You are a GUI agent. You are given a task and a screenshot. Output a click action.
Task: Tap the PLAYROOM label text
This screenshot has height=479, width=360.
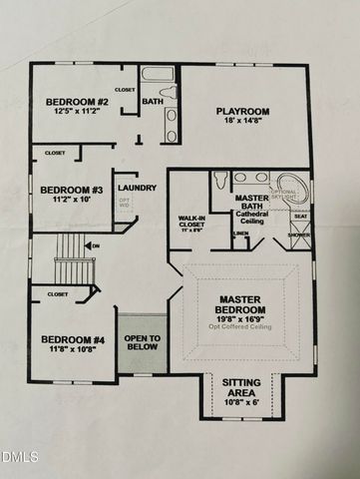click(243, 111)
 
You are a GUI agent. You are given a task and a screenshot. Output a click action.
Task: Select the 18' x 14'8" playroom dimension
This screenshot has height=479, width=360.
click(243, 122)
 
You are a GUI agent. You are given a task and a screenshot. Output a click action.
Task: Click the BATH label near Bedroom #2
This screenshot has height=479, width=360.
click(152, 101)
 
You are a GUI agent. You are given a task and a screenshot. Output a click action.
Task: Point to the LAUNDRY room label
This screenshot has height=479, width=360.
click(137, 188)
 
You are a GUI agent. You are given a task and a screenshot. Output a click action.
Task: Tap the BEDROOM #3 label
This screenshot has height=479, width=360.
click(71, 190)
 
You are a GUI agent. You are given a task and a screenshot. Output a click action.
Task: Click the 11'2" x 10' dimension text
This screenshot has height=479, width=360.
click(71, 201)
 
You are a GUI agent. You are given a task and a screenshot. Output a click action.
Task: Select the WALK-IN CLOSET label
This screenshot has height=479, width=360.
click(191, 222)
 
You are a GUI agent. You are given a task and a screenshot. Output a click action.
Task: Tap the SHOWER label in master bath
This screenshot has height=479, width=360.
click(299, 236)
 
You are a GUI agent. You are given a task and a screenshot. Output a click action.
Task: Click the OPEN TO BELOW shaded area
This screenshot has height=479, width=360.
click(142, 344)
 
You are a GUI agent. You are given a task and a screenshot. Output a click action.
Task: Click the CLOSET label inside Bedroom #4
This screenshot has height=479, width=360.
click(58, 294)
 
